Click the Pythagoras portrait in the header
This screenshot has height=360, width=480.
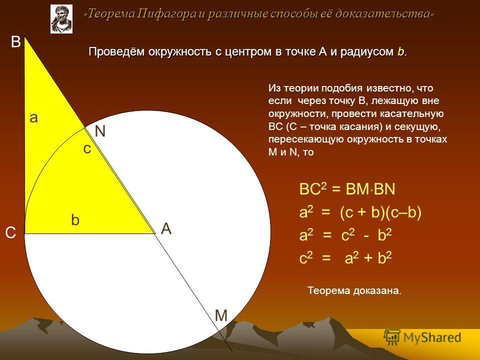pyautogui.click(x=61, y=19)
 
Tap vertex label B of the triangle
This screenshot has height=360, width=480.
pyautogui.click(x=15, y=42)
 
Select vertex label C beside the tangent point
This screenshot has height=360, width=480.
pyautogui.click(x=10, y=233)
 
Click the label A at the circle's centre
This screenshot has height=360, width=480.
pyautogui.click(x=166, y=228)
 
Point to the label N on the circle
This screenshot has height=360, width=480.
pyautogui.click(x=100, y=131)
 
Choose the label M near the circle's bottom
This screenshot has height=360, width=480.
pyautogui.click(x=221, y=315)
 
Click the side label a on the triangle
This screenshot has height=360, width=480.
pyautogui.click(x=33, y=118)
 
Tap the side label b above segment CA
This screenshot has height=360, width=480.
pyautogui.click(x=75, y=220)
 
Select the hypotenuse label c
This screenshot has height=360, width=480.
pyautogui.click(x=87, y=149)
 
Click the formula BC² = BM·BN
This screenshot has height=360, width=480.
pyautogui.click(x=347, y=188)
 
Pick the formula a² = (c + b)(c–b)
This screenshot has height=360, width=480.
pyautogui.click(x=360, y=212)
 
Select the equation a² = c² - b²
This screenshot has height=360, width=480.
pyautogui.click(x=345, y=235)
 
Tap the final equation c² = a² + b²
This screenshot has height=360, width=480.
pyautogui.click(x=345, y=258)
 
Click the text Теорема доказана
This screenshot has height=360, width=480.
pyautogui.click(x=354, y=290)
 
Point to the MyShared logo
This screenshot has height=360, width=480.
pyautogui.click(x=422, y=337)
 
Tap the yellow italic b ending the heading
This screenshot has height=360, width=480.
pyautogui.click(x=400, y=51)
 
